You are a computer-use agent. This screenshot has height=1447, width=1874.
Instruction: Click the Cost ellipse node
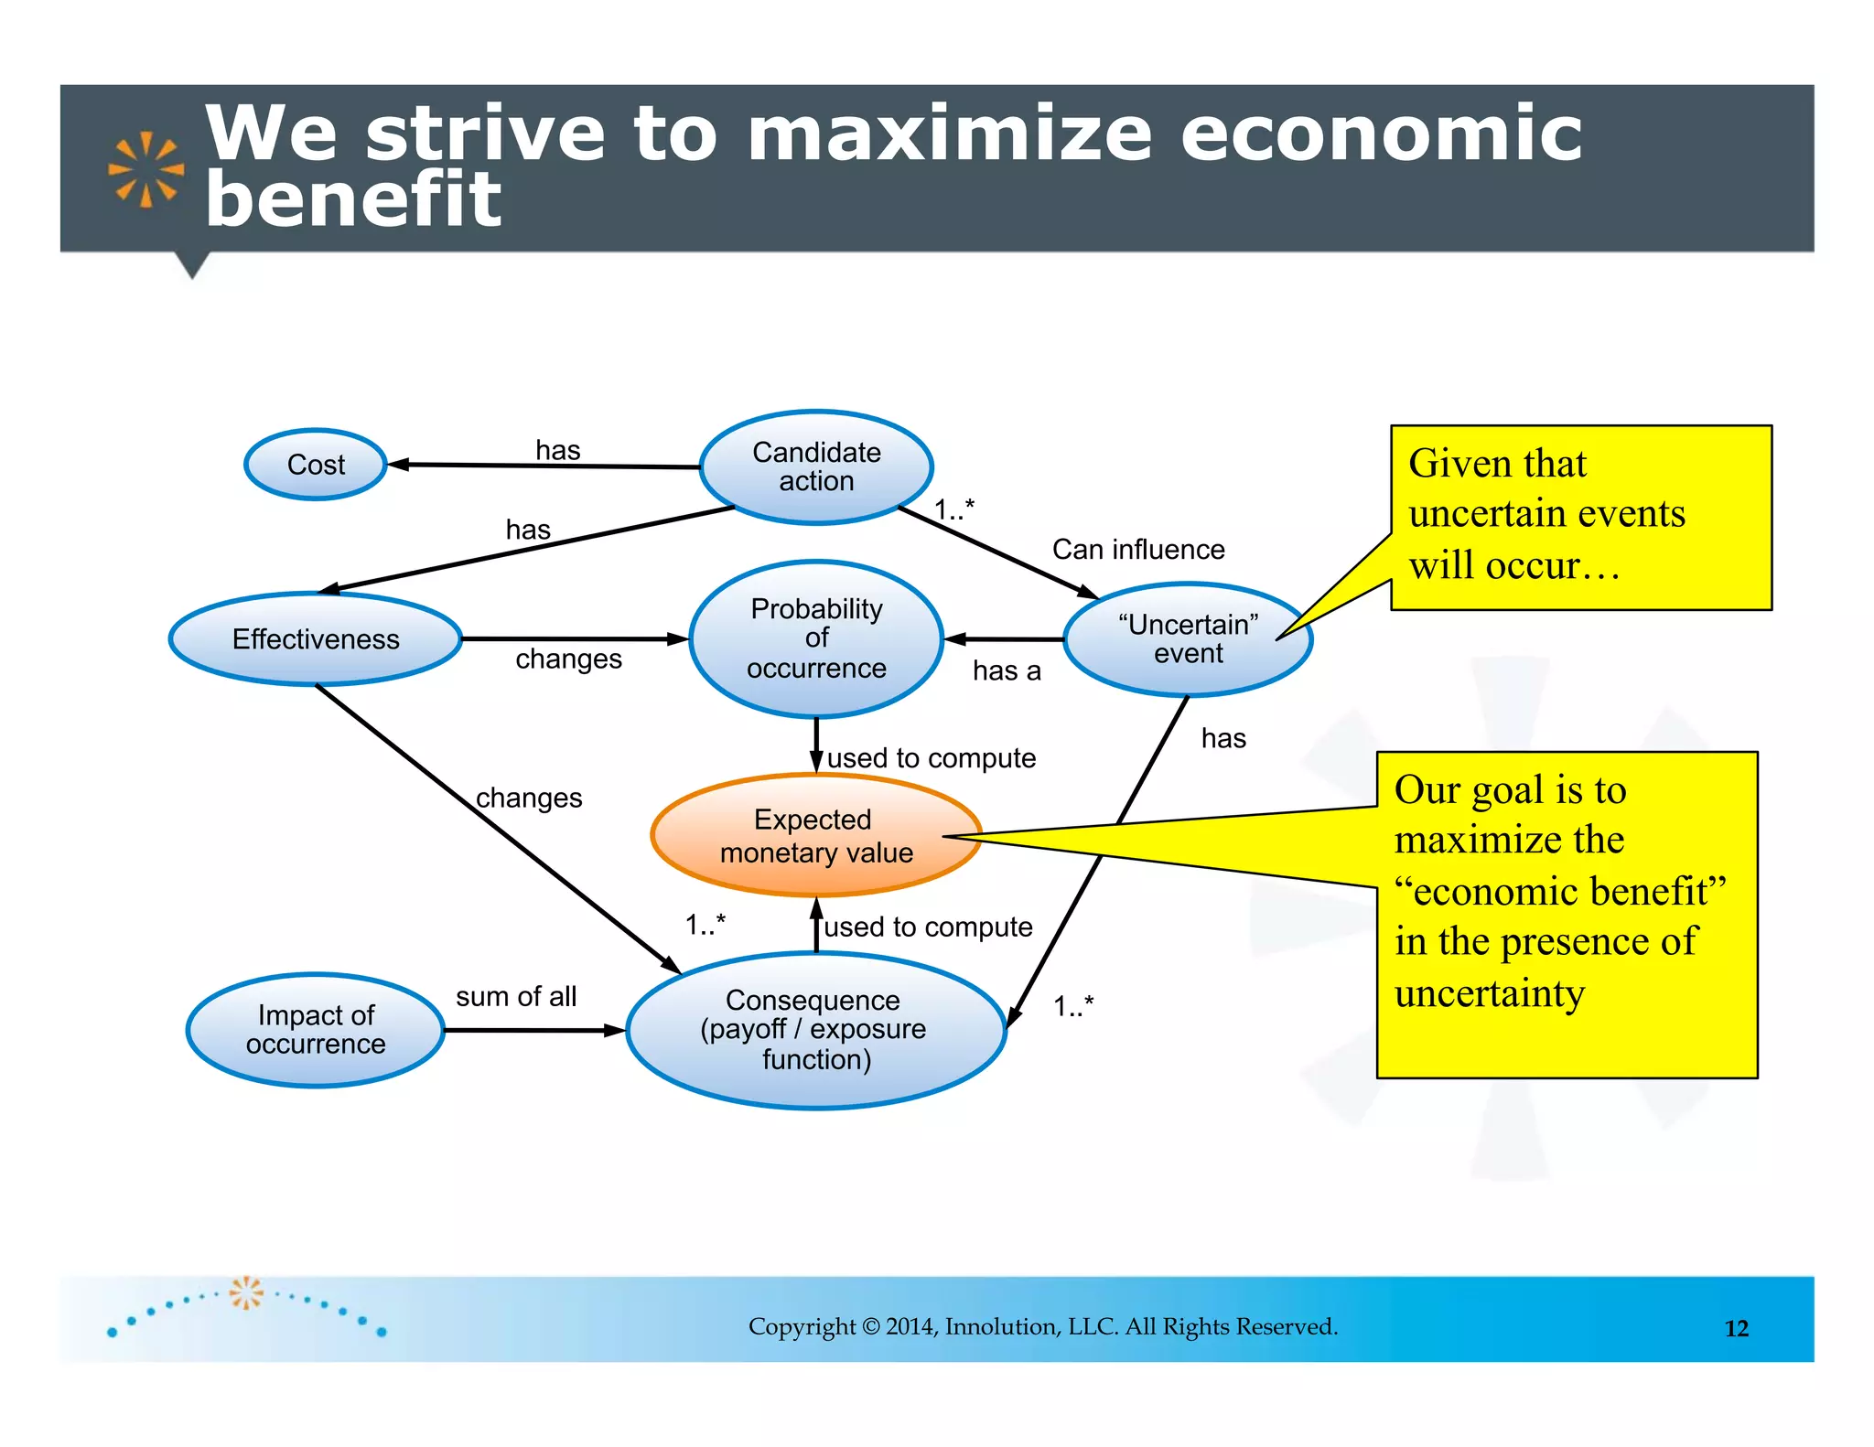[x=316, y=465]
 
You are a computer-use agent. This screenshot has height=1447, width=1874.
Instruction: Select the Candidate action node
[x=816, y=466]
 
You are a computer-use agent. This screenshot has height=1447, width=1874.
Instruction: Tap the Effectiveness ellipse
[x=316, y=638]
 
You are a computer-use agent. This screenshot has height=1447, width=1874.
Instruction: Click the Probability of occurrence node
[x=816, y=638]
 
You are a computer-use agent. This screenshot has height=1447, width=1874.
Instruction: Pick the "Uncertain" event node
[x=1188, y=638]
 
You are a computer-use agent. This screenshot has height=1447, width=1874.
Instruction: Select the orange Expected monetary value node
[x=816, y=835]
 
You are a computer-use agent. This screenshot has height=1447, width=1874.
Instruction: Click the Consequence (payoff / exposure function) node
[x=816, y=1030]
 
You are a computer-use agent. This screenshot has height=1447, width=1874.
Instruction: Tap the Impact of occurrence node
[x=316, y=1030]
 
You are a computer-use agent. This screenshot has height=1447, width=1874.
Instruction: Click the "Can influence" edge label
[x=1137, y=550]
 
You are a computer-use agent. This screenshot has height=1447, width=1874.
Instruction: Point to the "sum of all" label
[x=516, y=996]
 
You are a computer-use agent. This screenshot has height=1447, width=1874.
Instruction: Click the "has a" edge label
[x=1007, y=671]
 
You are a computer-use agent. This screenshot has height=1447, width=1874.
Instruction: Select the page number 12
[x=1736, y=1328]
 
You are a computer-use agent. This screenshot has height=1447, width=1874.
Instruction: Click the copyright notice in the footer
[x=1042, y=1326]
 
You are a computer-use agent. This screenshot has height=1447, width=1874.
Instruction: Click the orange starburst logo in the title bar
[x=145, y=169]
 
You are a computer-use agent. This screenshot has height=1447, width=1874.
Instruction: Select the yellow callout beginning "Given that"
[x=1580, y=517]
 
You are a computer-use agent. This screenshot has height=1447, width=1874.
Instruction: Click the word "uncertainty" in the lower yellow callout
[x=1489, y=993]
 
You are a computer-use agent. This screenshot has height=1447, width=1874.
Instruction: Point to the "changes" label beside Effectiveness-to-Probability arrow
[x=568, y=659]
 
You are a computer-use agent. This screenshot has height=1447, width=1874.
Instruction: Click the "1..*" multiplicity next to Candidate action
[x=954, y=509]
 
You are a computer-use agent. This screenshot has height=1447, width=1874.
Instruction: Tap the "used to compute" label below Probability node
[x=931, y=758]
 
